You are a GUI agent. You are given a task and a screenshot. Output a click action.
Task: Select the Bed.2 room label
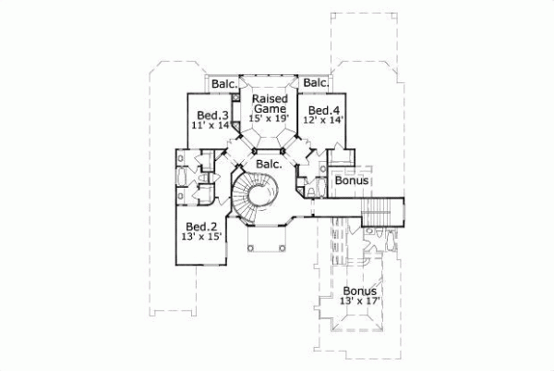point(200,228)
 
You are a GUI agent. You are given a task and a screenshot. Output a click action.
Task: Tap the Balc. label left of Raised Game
point(223,84)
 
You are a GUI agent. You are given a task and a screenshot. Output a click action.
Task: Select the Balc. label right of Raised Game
point(316,84)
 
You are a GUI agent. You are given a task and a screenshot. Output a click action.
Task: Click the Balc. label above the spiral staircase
point(269,164)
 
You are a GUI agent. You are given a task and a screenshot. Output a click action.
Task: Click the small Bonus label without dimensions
point(351,181)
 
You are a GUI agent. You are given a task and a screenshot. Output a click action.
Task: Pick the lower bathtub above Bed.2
point(182,195)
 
